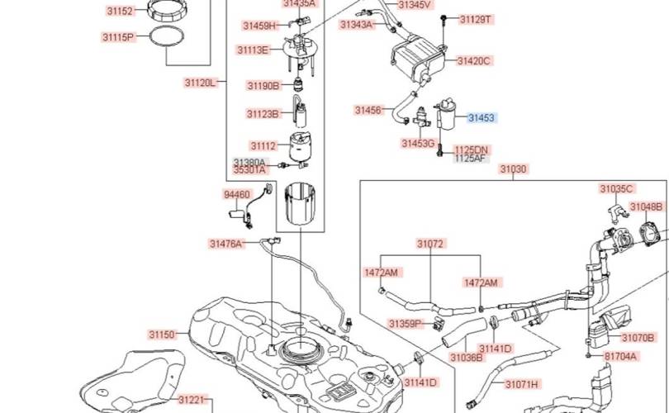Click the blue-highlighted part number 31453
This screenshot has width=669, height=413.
click(x=481, y=118)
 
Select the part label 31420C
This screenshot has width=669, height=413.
click(x=475, y=60)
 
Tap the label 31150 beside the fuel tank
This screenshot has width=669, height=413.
click(x=163, y=335)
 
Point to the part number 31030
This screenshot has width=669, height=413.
click(x=512, y=169)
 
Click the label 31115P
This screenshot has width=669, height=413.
click(x=118, y=37)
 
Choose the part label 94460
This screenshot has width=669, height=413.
click(x=236, y=194)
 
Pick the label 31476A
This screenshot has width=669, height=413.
click(x=225, y=244)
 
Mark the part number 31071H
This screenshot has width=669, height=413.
click(x=521, y=384)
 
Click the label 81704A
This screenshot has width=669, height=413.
click(x=620, y=356)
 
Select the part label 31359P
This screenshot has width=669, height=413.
click(x=406, y=323)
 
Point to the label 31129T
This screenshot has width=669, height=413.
click(x=475, y=18)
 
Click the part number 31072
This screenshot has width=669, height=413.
click(x=430, y=244)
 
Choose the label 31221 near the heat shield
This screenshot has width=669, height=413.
click(x=191, y=400)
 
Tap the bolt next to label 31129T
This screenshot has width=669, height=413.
click(x=445, y=19)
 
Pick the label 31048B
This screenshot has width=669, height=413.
click(x=645, y=206)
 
